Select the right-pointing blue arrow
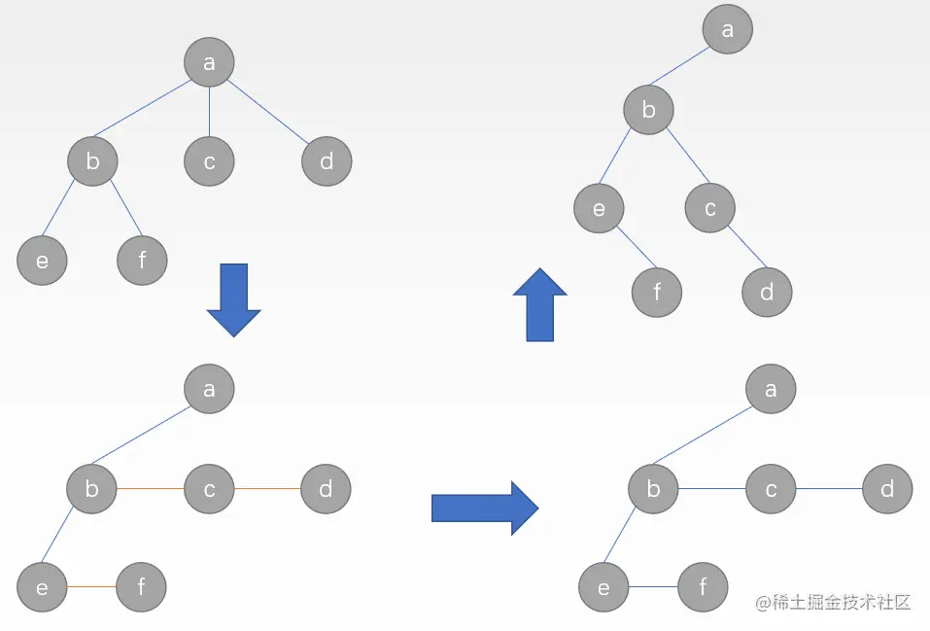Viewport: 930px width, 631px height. click(x=484, y=507)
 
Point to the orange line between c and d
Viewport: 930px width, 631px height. click(x=267, y=489)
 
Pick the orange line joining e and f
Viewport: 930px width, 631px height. click(x=91, y=587)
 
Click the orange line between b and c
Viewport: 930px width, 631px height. click(x=151, y=489)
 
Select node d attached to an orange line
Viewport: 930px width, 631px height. click(x=326, y=489)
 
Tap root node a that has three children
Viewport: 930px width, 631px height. click(x=209, y=63)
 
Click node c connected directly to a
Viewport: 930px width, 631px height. click(x=210, y=161)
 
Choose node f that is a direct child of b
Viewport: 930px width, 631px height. click(x=142, y=260)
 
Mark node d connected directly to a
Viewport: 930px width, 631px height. click(x=327, y=161)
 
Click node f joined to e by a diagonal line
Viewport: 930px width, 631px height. click(x=657, y=292)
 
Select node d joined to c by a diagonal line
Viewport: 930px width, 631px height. click(x=767, y=292)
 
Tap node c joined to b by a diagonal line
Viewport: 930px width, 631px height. click(x=710, y=207)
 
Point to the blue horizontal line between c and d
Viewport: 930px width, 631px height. click(x=829, y=489)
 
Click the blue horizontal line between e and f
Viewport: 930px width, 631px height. click(x=654, y=587)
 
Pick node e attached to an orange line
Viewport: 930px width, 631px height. click(x=42, y=587)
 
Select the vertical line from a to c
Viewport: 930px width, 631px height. click(x=210, y=112)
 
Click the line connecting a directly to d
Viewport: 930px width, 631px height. click(x=267, y=112)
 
